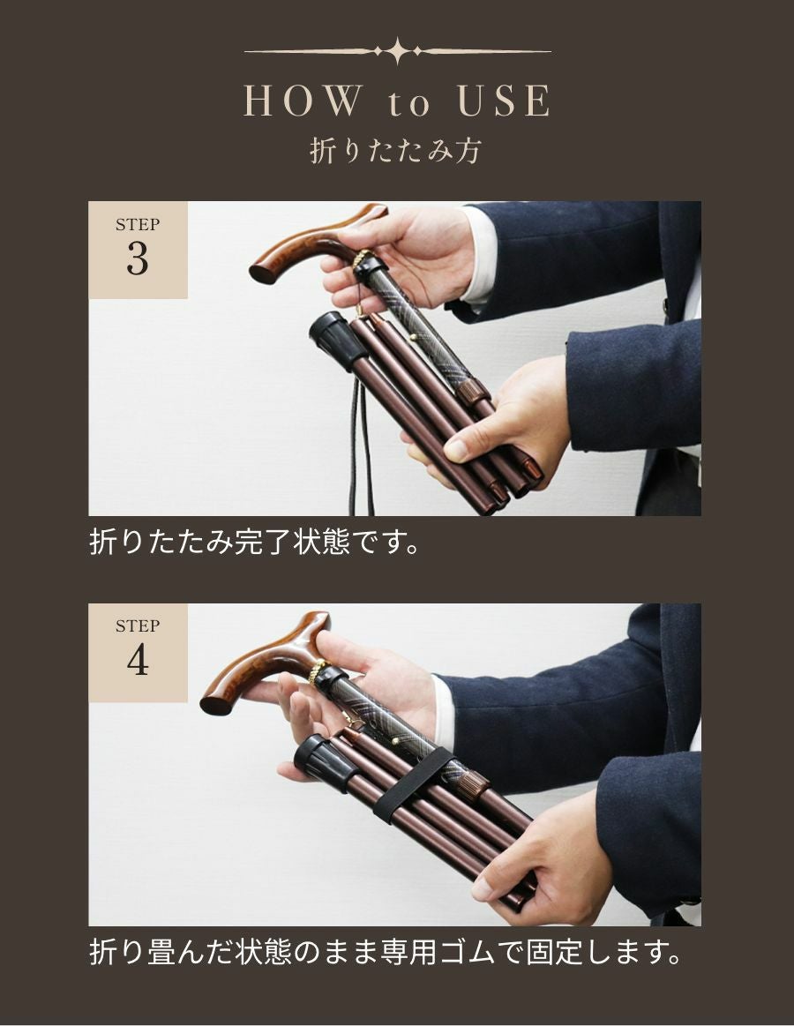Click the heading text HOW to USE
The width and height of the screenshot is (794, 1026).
(397, 102)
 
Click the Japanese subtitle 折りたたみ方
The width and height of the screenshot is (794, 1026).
(396, 151)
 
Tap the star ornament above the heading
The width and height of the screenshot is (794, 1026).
(398, 51)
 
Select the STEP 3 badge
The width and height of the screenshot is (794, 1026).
(138, 250)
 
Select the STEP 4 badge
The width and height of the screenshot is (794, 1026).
(138, 652)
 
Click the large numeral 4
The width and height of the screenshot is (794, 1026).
(138, 662)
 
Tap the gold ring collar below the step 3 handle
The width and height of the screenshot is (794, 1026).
(362, 258)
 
